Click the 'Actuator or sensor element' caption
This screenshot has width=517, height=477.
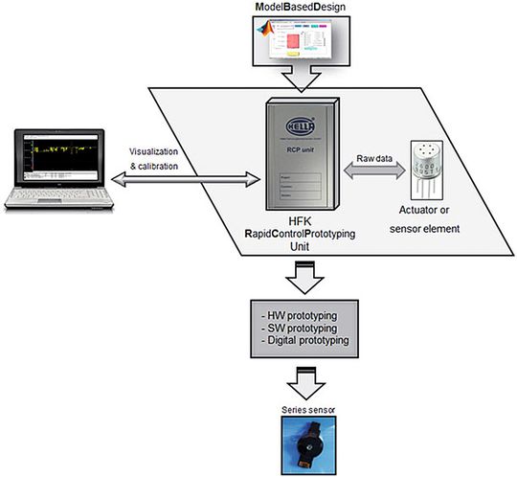(x=429, y=216)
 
